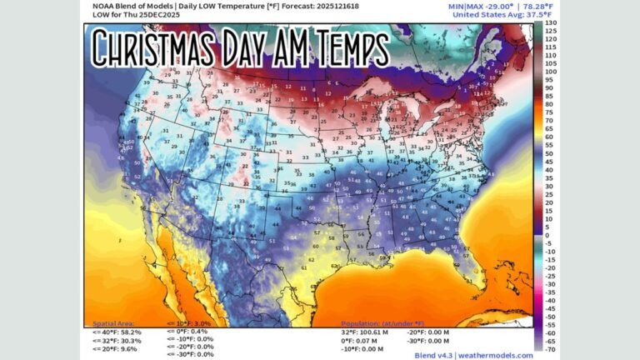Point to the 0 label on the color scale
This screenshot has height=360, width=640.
pos(548,235)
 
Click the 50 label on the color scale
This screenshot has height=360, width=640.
pos(551,153)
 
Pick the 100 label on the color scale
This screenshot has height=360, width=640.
pos(551,72)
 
